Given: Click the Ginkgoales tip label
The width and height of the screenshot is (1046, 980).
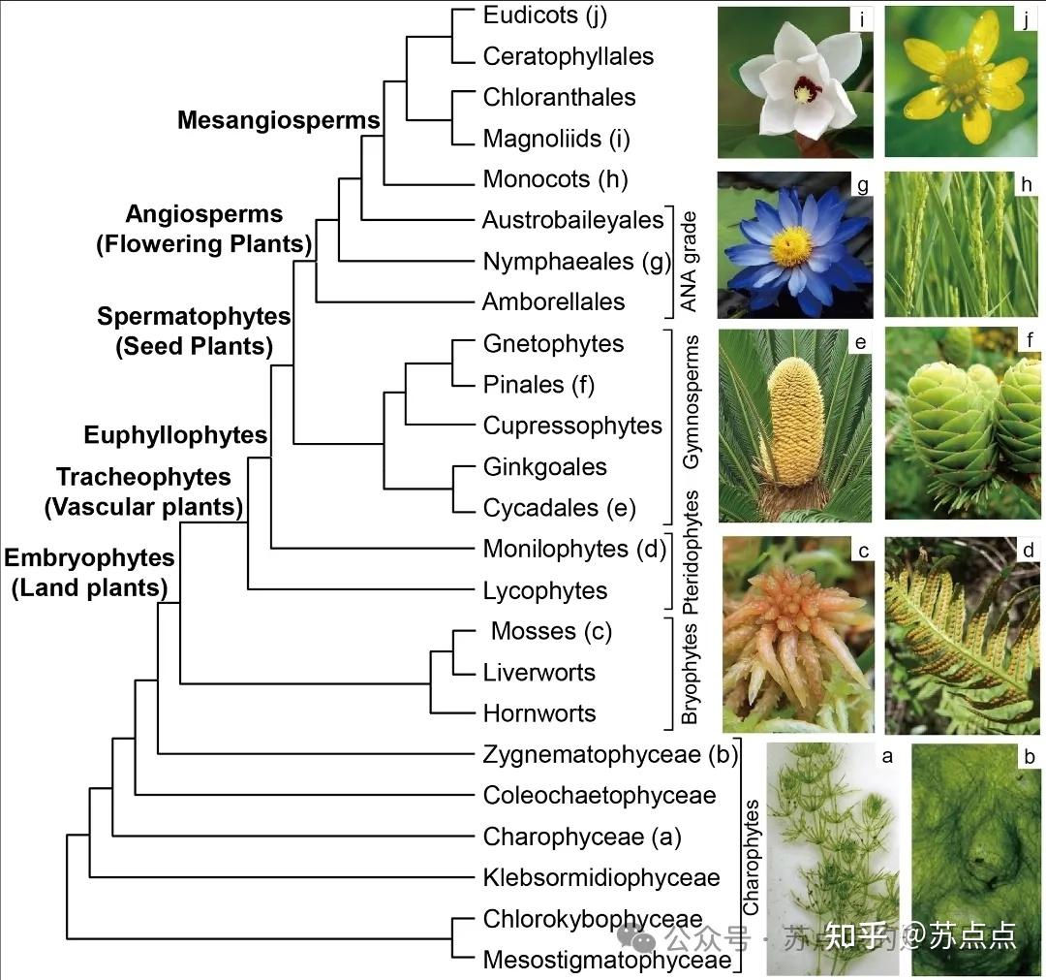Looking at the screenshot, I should [x=544, y=467].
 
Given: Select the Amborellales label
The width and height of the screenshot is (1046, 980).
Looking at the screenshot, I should [x=553, y=301].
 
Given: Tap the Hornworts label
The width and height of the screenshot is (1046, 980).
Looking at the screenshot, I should [x=539, y=713].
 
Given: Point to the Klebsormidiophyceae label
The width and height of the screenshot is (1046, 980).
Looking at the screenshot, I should [x=601, y=878].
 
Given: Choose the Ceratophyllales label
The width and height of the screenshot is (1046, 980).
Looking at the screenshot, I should [x=569, y=57].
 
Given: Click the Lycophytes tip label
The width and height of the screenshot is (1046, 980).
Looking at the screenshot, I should [x=545, y=590].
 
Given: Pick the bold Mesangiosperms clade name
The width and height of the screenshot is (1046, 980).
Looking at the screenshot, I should [x=279, y=120].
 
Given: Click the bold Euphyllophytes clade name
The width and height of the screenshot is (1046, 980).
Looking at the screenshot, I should [x=175, y=435].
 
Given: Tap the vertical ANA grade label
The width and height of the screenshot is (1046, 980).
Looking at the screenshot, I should [x=689, y=262].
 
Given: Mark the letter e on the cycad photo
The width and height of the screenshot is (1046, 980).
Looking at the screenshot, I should [x=861, y=340].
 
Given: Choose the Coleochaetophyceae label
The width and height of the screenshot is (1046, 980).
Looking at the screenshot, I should [x=600, y=796].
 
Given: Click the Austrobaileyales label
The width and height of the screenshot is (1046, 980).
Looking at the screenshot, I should [x=572, y=220].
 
